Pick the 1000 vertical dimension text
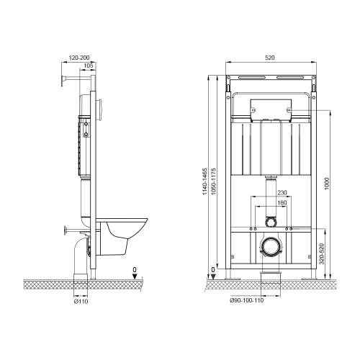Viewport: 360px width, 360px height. [325, 184]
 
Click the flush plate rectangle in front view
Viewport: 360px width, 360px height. [271, 109]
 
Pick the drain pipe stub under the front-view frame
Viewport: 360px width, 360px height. [271, 277]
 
